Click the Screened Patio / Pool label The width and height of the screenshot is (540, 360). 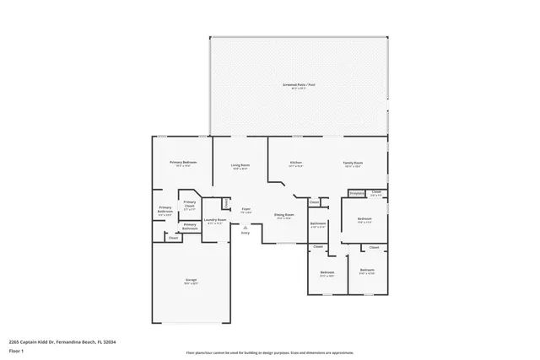coord(299,85)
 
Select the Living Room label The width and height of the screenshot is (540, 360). coord(240,166)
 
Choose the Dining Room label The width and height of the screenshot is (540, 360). coord(283,216)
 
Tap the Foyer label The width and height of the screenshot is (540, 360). coord(246,209)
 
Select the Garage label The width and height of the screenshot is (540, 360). coord(192,281)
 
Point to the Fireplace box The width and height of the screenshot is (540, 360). coord(355,194)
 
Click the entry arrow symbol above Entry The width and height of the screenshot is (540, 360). coord(246,226)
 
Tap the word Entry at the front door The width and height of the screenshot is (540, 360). coord(246,232)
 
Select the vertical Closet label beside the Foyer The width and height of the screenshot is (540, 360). coord(226,203)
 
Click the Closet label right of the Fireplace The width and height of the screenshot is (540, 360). coord(376,193)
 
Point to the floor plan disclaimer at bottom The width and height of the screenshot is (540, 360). coord(270,352)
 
